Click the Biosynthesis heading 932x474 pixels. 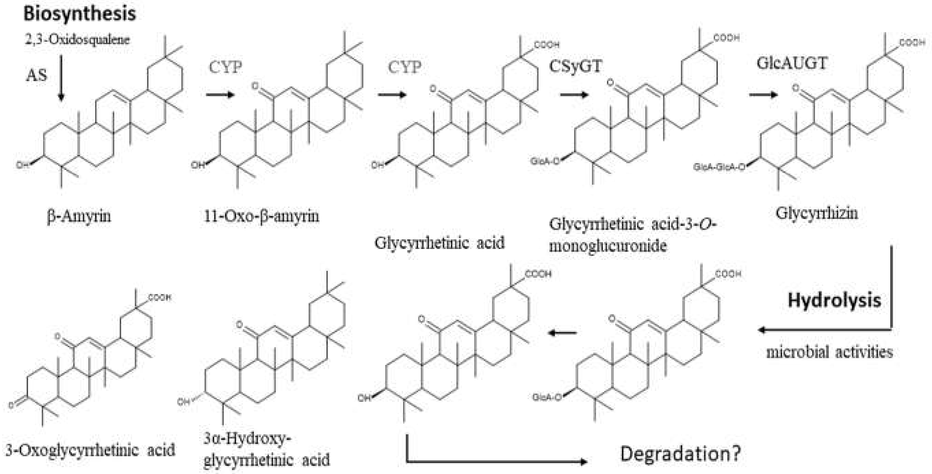coord(80,14)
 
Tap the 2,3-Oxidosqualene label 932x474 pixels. coord(77,39)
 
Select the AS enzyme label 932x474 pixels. coord(37,75)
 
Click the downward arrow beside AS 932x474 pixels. coord(61,78)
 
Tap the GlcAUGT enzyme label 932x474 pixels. coord(792,63)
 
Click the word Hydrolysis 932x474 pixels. coord(834,300)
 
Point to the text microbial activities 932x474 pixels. coord(829,352)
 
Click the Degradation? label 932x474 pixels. coord(681,453)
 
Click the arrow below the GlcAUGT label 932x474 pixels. coord(763,95)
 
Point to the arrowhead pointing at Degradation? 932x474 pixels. coord(582,462)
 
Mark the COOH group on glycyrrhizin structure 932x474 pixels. coord(912,43)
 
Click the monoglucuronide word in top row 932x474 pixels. coord(608,246)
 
